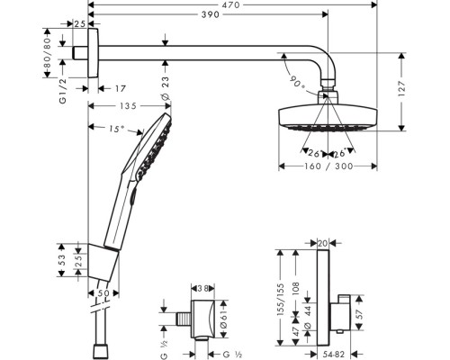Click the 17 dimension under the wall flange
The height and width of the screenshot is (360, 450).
[121, 88]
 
